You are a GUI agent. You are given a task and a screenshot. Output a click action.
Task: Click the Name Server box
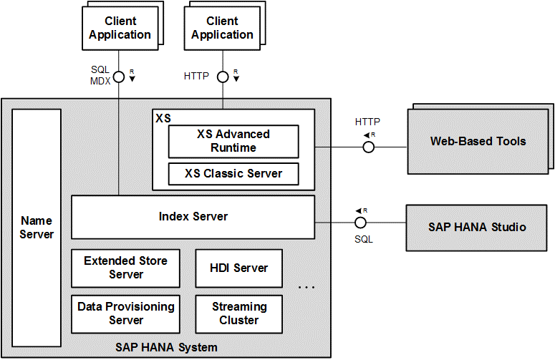tap(37, 227)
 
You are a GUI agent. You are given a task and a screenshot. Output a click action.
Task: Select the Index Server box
tap(193, 217)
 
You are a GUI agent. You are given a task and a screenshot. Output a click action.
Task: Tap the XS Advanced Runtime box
tap(233, 141)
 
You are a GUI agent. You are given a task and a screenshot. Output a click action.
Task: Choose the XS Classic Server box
tap(233, 173)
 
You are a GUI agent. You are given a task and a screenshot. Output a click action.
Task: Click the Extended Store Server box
tap(125, 268)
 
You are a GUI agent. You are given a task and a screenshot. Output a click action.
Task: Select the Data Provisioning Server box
tap(125, 313)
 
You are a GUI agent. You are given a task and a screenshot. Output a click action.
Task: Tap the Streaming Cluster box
tap(238, 313)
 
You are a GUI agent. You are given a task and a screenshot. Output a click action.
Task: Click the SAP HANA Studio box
tap(477, 227)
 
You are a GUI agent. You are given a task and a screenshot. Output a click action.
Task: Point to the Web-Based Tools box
tap(477, 141)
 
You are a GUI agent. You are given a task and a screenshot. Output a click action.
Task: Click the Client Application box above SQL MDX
tap(119, 28)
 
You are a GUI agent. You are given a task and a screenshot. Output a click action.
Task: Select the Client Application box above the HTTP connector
tap(222, 28)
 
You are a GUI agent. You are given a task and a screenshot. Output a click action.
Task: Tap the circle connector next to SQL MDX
tap(119, 76)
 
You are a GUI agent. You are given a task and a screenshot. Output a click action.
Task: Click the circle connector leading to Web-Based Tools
tap(368, 147)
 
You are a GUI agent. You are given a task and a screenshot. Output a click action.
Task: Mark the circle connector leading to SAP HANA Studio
tap(368, 223)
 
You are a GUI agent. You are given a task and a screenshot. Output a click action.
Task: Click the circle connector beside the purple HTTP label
tap(223, 76)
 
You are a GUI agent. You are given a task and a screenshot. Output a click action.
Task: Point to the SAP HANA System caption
tap(166, 348)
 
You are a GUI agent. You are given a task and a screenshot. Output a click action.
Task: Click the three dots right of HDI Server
tap(307, 288)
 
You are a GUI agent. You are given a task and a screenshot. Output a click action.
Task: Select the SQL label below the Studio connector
tap(364, 239)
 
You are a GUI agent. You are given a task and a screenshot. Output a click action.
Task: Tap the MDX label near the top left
tap(100, 81)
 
